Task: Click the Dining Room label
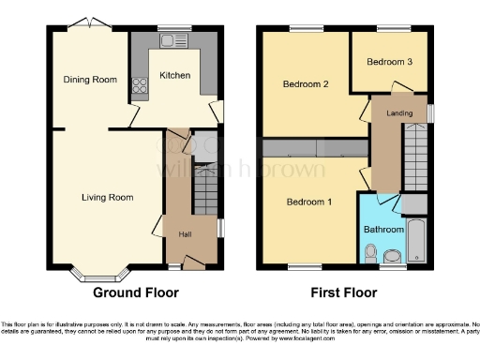click(91, 80)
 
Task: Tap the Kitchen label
click(175, 75)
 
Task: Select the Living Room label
click(108, 198)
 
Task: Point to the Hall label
click(186, 233)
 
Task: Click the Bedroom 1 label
click(310, 202)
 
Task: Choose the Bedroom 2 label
click(307, 83)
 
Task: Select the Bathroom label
click(384, 230)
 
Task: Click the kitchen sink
click(172, 40)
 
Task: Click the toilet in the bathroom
click(371, 253)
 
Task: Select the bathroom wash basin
click(395, 256)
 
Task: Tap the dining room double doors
click(84, 21)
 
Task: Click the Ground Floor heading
click(135, 292)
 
